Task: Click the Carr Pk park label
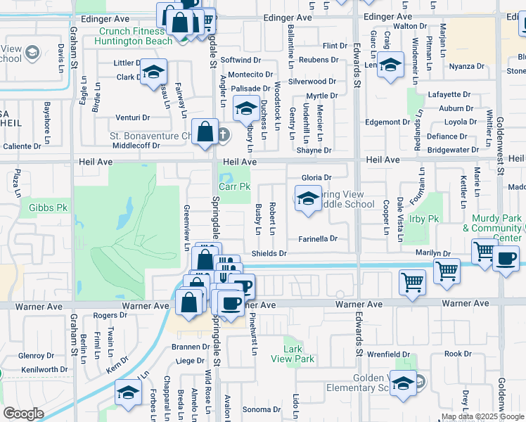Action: (x=234, y=187)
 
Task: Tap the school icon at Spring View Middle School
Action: (x=307, y=200)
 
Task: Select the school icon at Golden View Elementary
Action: (x=403, y=384)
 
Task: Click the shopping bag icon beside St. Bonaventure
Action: (x=204, y=133)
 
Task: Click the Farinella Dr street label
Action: (x=319, y=238)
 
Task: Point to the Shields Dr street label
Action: (x=270, y=253)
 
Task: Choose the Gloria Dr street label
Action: (x=316, y=177)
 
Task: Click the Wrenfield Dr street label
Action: (x=387, y=354)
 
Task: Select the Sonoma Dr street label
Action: (x=262, y=409)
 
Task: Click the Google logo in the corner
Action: (x=23, y=413)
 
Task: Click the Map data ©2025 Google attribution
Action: (x=482, y=416)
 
